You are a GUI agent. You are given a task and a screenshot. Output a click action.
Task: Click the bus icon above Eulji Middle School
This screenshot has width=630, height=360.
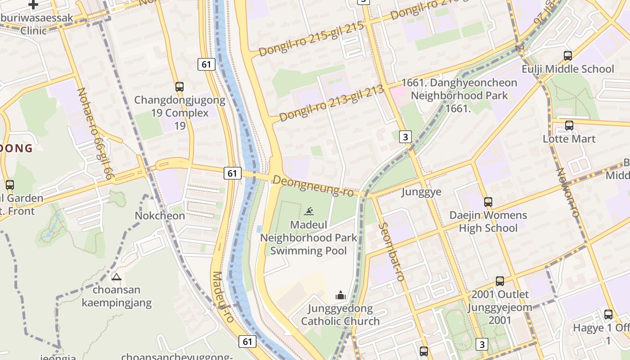(x=568, y=56)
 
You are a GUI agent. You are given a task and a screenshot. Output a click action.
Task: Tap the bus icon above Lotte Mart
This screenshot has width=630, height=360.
(x=569, y=126)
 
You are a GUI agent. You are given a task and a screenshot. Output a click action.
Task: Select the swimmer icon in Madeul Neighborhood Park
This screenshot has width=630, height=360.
(x=309, y=211)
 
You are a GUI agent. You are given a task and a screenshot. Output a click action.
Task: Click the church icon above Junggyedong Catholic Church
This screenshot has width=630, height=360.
(x=341, y=295)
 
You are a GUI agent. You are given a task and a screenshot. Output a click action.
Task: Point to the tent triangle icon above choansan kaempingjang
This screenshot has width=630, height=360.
(x=117, y=277)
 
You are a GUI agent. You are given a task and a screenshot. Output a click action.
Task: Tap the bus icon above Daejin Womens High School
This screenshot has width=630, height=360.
(x=488, y=202)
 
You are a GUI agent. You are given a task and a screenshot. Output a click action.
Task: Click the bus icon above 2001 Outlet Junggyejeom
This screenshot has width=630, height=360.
(x=499, y=281)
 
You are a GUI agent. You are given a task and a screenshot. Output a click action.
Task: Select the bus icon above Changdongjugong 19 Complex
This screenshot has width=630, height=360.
(x=180, y=87)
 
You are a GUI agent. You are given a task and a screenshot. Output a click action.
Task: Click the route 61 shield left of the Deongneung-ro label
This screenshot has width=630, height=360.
(x=232, y=173)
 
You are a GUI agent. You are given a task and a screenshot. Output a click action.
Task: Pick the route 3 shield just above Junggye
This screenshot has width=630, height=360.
(x=405, y=137)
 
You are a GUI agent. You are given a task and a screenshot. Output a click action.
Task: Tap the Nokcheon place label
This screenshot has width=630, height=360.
(x=160, y=216)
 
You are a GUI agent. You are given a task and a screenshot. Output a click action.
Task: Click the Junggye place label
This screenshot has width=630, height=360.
(x=421, y=192)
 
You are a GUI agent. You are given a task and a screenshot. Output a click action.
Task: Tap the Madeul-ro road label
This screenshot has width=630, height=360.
(x=223, y=297)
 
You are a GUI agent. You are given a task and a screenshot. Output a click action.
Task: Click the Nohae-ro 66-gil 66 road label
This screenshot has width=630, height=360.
(x=94, y=134)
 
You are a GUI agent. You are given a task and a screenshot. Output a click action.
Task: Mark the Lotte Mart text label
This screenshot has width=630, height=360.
(x=569, y=139)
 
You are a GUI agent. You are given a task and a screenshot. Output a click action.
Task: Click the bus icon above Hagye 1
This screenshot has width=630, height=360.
(x=608, y=315)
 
